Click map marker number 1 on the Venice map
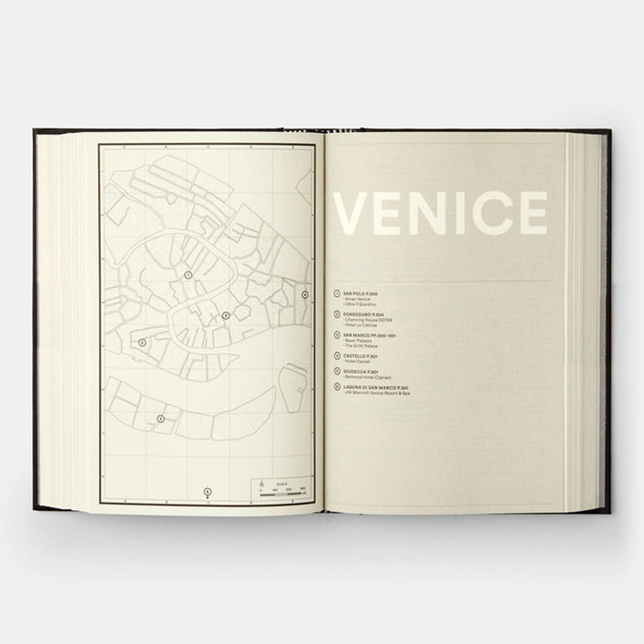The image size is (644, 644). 188,274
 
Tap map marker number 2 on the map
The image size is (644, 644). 142,342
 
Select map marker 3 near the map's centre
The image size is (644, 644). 226,316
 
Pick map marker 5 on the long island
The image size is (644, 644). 161,418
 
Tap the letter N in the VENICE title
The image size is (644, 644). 430,214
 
